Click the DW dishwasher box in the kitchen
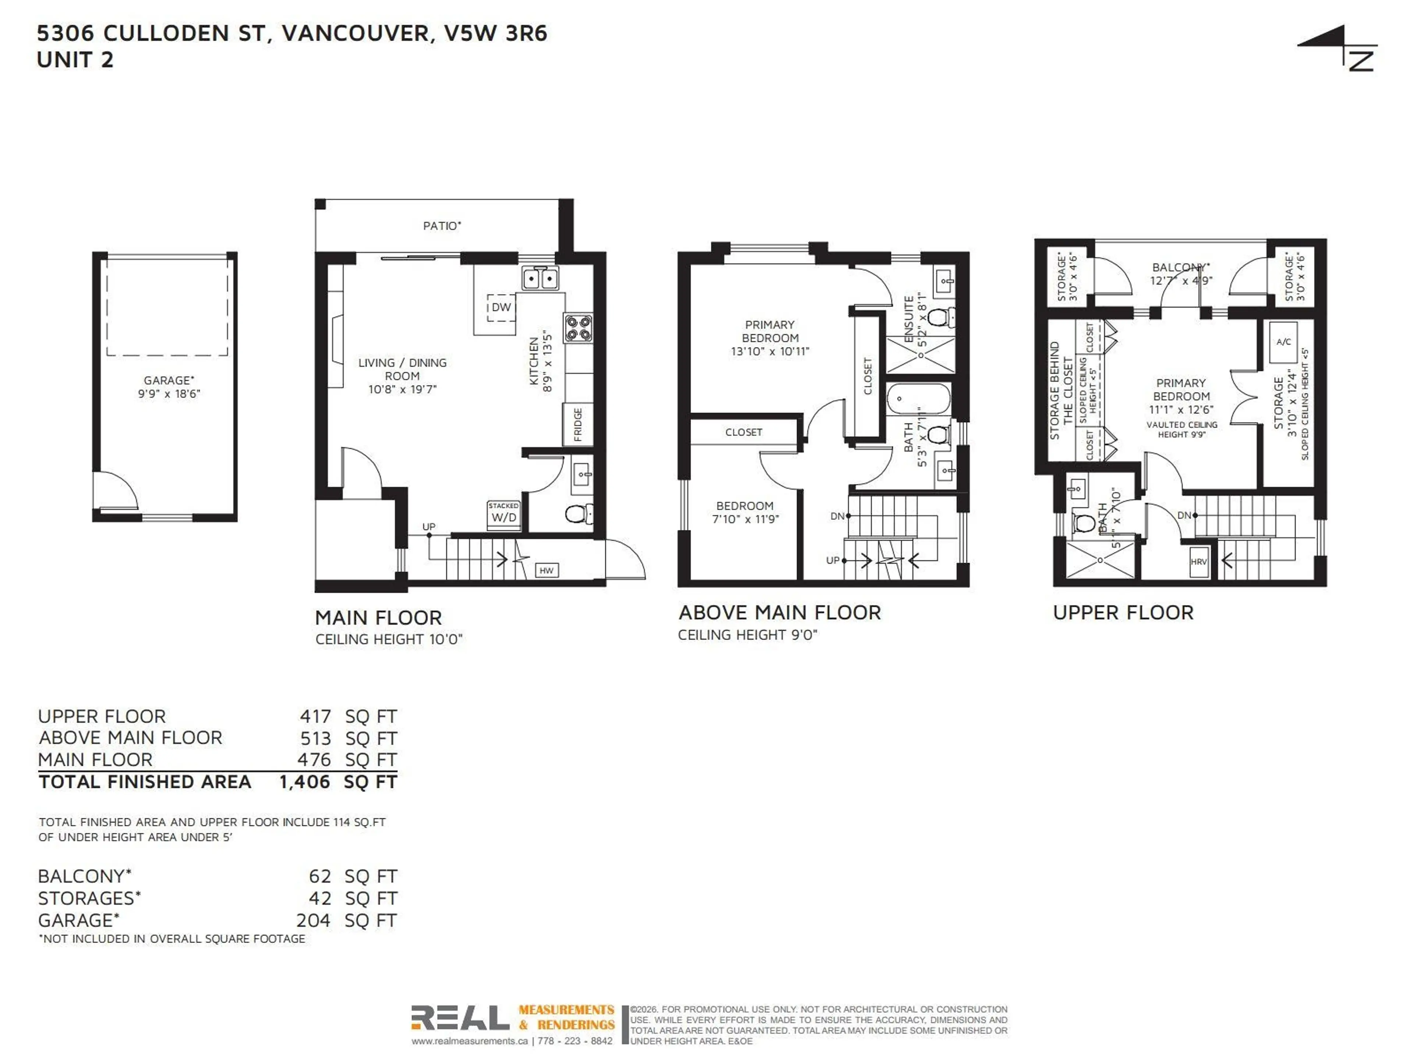[x=502, y=307]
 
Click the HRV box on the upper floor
[x=1199, y=562]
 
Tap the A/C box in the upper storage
[x=1283, y=342]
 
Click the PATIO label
[x=442, y=226]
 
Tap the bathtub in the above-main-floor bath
[x=918, y=399]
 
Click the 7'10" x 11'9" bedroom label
[x=745, y=519]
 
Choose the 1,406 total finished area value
[x=305, y=782]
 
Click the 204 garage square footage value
[x=313, y=921]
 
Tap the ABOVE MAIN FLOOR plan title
[x=779, y=613]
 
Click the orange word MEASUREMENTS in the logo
[x=566, y=1010]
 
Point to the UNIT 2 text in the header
[x=75, y=60]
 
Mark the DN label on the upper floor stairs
[x=1184, y=515]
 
